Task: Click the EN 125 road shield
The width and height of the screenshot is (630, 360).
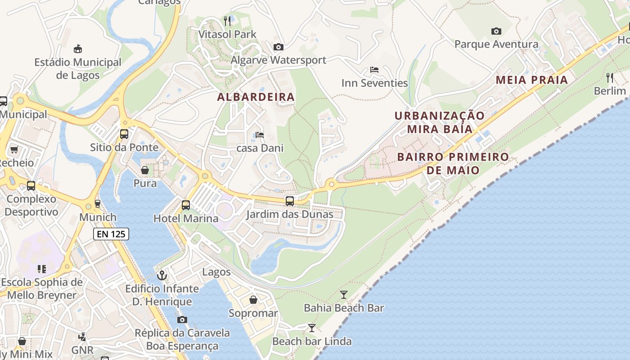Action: [111, 234]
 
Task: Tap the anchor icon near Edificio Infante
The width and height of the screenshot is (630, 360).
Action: [162, 275]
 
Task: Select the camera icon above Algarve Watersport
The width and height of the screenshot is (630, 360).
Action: [279, 47]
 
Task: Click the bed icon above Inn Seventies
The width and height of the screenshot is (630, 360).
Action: [374, 70]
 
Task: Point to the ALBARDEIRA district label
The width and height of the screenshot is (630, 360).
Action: [256, 97]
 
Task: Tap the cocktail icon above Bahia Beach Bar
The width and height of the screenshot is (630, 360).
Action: [344, 295]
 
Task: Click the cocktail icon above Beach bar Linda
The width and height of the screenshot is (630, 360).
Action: [311, 328]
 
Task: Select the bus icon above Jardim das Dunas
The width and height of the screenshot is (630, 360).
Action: [290, 201]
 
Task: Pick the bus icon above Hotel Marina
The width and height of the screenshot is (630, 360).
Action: [186, 205]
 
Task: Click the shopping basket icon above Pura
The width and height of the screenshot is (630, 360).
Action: [145, 170]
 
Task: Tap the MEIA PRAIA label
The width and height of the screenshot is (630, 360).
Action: [531, 80]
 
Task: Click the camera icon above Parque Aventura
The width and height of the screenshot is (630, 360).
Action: [496, 31]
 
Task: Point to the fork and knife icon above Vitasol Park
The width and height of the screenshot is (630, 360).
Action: [227, 21]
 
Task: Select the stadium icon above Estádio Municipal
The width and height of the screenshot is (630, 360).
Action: [78, 49]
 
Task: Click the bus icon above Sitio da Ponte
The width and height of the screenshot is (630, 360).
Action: [124, 134]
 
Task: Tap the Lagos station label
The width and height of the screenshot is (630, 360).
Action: [216, 272]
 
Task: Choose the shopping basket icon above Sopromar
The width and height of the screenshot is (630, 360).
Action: [253, 300]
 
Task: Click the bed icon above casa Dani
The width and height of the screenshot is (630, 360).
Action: [260, 135]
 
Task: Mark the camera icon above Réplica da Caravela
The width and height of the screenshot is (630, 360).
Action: [182, 319]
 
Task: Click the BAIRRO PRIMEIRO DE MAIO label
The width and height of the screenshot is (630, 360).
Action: [453, 163]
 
